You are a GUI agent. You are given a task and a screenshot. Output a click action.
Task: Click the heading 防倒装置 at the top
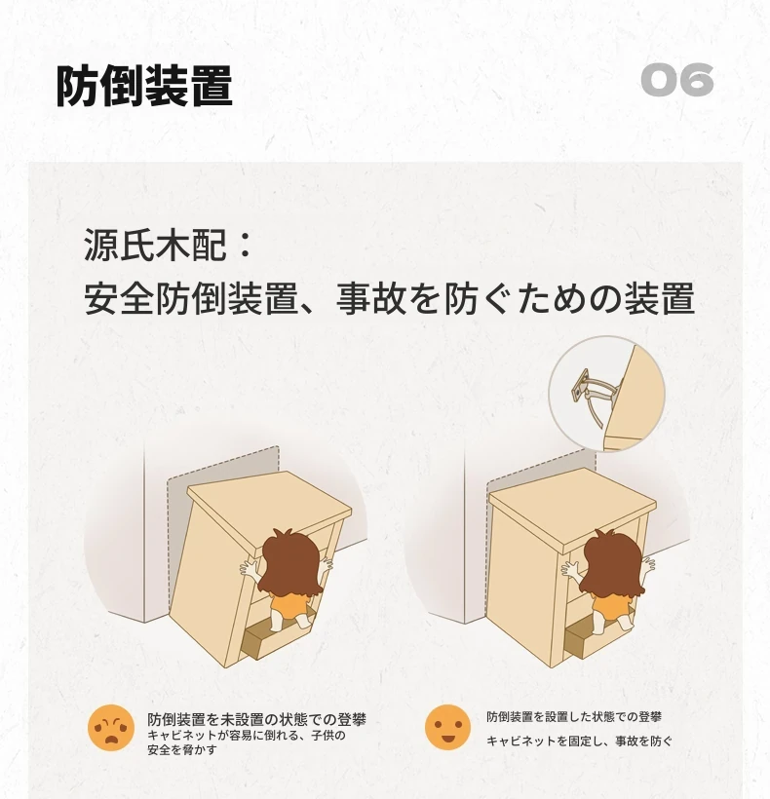tap(144, 85)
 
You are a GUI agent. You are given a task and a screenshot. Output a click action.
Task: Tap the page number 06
tap(676, 80)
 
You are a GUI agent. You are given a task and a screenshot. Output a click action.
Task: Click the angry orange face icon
tap(111, 727)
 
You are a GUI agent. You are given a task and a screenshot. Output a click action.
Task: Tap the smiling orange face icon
tap(447, 727)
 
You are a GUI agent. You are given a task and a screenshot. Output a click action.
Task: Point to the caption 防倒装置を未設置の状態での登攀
tap(257, 719)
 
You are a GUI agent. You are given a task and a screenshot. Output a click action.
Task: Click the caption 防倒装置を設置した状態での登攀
tap(574, 717)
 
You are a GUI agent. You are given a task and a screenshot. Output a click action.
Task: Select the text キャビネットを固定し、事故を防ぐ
tap(579, 741)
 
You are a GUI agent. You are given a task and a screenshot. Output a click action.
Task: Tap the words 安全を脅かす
tap(182, 749)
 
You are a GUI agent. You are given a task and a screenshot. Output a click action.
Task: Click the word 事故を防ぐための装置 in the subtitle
tap(516, 298)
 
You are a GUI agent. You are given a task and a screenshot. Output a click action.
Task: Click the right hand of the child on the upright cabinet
tap(648, 564)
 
